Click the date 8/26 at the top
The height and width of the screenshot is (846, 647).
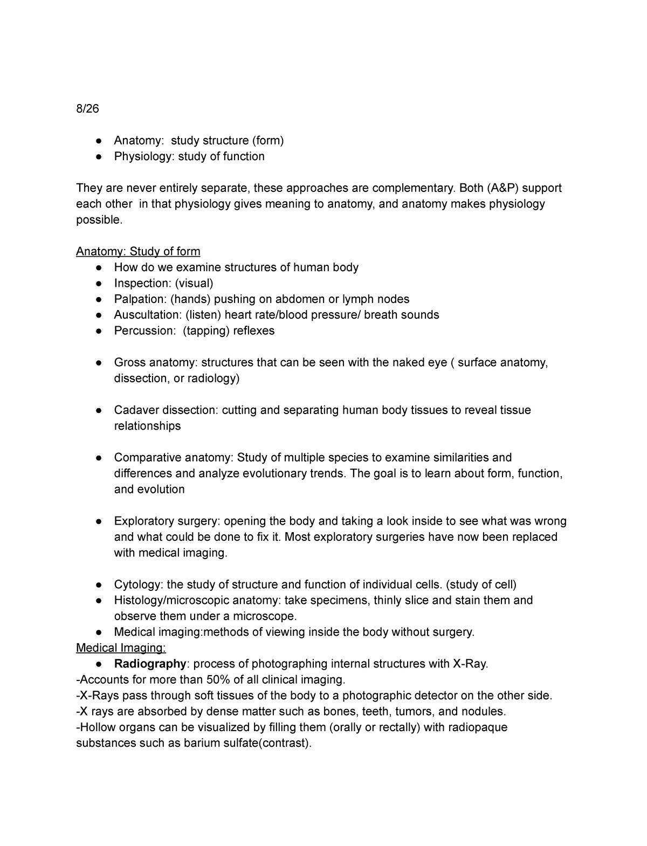tap(88, 109)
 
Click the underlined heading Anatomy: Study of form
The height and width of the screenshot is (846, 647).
tap(138, 251)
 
